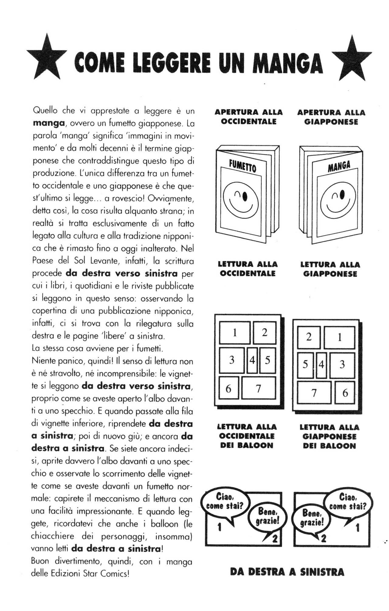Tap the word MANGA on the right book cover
tap(339, 167)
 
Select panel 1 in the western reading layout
tap(235, 333)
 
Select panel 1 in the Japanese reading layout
tap(339, 337)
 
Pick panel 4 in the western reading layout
tap(252, 360)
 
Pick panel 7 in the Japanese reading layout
tap(314, 393)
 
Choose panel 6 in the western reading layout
tap(229, 388)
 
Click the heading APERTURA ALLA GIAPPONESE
tap(331, 117)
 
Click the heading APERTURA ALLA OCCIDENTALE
tap(249, 117)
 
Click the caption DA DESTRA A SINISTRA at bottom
tap(287, 572)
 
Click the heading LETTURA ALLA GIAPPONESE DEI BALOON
tap(329, 436)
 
